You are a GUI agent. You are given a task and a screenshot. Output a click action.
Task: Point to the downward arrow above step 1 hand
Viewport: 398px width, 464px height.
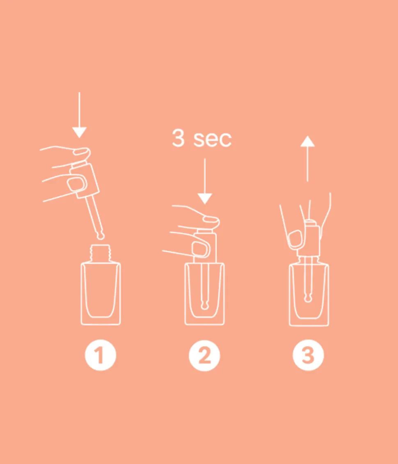(x=79, y=115)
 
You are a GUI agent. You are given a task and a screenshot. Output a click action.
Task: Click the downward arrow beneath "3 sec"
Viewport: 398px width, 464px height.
(x=204, y=181)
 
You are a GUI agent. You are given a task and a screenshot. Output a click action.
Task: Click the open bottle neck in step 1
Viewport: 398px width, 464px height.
(x=101, y=252)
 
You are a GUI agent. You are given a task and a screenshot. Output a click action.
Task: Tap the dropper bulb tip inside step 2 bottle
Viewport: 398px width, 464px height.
(x=204, y=305)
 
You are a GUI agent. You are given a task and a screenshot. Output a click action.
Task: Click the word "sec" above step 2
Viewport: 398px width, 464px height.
(x=212, y=139)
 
